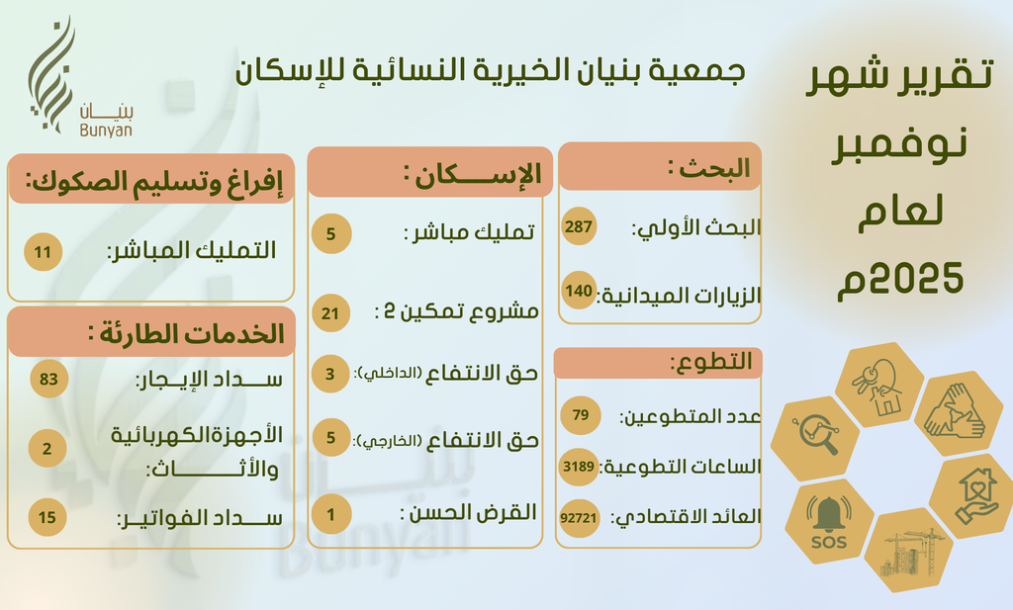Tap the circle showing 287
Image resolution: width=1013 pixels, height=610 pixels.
(578, 226)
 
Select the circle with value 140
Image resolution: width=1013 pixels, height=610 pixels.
(578, 291)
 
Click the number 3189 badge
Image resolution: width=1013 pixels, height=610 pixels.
(578, 466)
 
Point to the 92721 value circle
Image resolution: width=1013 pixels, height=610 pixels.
(578, 518)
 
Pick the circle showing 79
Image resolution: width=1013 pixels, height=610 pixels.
(580, 415)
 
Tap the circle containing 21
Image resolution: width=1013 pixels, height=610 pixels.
(330, 313)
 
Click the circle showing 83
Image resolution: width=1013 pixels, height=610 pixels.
(49, 379)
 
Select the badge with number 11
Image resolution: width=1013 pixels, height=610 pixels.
(44, 252)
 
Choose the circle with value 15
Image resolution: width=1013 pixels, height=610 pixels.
(47, 517)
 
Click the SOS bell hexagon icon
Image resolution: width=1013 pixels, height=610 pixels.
(828, 521)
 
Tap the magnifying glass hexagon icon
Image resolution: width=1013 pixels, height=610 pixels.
(815, 437)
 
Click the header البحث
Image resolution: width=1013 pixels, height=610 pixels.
(709, 168)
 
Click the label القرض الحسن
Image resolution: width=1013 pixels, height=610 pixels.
(468, 513)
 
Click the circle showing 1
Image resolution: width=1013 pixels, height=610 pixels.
(331, 514)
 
